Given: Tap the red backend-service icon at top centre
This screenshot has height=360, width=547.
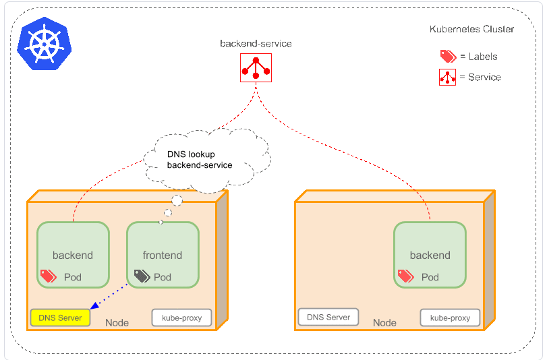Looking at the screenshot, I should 256,67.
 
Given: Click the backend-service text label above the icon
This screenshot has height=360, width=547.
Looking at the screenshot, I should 256,44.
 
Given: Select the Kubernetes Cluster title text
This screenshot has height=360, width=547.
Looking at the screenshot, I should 471,29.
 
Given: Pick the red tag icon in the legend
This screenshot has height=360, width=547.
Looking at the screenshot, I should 448,57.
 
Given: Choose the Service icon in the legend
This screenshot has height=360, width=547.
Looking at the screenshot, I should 448,78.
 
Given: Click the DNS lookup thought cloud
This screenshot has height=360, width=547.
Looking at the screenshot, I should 206,159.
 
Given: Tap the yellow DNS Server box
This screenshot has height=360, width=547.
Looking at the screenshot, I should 60,318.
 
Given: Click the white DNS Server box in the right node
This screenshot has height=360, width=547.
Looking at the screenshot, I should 328,317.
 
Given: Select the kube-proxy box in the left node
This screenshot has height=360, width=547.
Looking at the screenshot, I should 181,318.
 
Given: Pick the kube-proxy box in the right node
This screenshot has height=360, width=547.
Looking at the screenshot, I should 450,318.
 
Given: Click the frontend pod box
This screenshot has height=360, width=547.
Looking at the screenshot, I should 163,256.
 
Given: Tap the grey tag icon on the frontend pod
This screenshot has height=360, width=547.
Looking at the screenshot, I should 142,276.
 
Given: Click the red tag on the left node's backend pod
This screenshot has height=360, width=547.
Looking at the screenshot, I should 48,276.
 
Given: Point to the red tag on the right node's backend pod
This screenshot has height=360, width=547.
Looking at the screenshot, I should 405,276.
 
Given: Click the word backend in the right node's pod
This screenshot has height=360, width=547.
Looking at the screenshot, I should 430,256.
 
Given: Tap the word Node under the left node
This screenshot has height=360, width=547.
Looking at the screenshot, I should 117,323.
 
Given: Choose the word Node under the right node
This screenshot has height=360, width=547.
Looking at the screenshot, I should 385,323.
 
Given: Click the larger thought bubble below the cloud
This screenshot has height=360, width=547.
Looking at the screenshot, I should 177,200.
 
